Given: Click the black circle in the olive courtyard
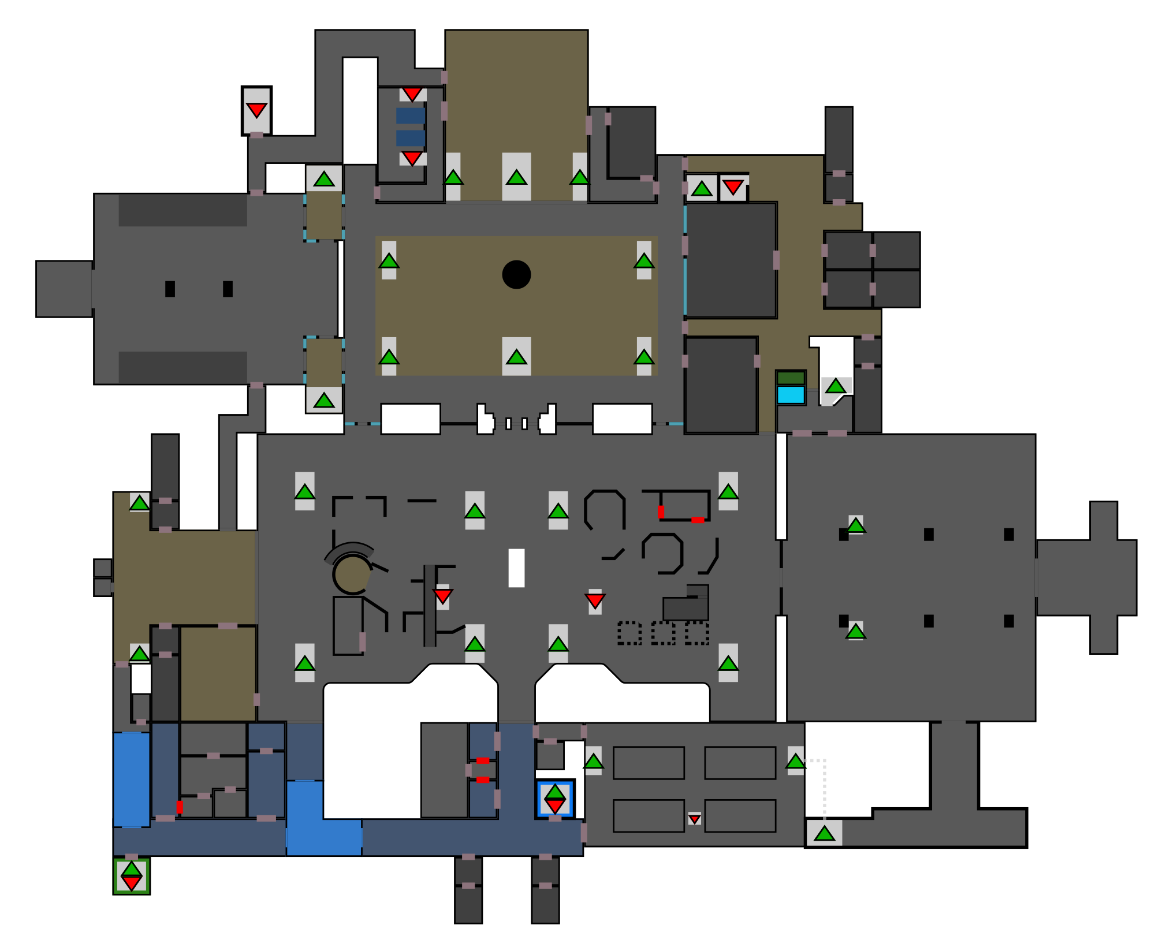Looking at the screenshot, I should [516, 274].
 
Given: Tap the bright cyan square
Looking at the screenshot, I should [791, 395].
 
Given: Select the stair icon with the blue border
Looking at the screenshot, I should [555, 799].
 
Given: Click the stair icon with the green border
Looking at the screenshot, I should [132, 876].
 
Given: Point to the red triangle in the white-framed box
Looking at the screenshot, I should [256, 110].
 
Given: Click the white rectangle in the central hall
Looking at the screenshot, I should [516, 568].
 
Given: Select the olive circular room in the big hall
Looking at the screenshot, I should [351, 575].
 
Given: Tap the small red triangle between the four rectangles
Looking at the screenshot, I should [695, 819].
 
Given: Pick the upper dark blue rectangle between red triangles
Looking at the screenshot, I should [411, 115].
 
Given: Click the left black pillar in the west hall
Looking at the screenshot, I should [170, 289].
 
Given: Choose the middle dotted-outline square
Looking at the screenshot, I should [663, 633].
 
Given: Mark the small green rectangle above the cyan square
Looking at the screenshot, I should [791, 378].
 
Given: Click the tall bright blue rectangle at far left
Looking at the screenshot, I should [132, 779].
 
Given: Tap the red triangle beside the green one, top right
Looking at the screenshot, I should [733, 187].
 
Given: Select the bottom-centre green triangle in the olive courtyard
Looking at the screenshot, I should [516, 357].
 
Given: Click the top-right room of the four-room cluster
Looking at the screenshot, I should [896, 250].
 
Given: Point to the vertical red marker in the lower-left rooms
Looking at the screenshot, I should [180, 807].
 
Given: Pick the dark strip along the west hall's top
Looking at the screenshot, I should [182, 210].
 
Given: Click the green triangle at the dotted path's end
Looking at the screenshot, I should [824, 833].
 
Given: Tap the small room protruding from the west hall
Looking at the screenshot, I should [64, 289].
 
